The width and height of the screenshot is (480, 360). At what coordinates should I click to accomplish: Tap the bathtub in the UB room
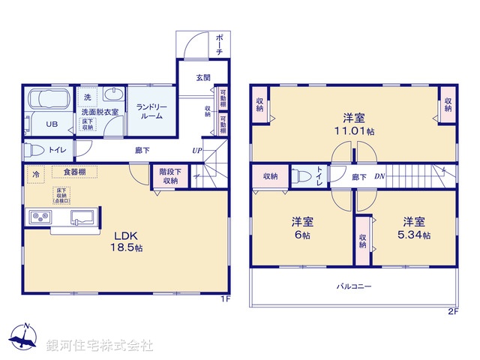click(x=49, y=100)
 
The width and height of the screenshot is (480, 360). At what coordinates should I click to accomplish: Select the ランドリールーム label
click(x=151, y=111)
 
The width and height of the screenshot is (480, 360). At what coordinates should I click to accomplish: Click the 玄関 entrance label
click(x=203, y=77)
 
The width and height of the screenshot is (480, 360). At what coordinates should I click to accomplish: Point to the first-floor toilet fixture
click(x=35, y=149)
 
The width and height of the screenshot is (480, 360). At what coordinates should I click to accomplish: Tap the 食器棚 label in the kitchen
click(x=73, y=172)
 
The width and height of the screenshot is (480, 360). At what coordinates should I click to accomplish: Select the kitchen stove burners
click(x=39, y=218)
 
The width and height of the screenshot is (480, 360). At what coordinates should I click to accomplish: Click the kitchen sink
click(x=82, y=217)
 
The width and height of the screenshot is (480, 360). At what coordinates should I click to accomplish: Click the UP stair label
click(x=196, y=150)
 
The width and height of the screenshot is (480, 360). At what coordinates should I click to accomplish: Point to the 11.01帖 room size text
click(x=355, y=130)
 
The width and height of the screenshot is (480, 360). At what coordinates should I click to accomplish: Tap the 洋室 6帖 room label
click(x=303, y=228)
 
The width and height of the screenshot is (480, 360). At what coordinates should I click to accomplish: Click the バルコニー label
click(x=353, y=286)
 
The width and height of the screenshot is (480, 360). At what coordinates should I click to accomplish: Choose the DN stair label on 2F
click(x=381, y=177)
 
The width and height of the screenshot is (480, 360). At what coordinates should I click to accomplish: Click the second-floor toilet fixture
click(x=301, y=177)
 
